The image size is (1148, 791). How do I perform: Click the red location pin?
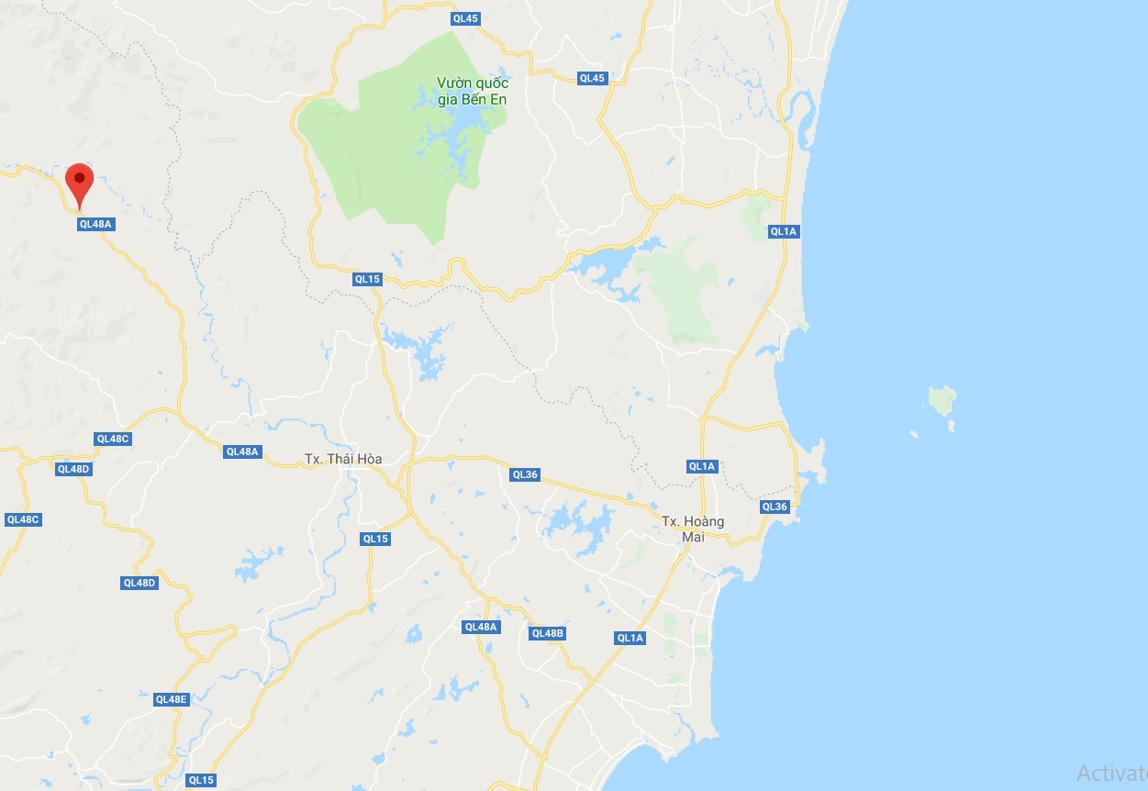[80, 179]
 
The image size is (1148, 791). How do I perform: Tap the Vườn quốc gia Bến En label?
[473, 91]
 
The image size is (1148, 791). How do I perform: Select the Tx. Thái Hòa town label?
[343, 459]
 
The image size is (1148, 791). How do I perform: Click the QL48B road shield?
[548, 633]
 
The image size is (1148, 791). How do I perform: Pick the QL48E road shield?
[172, 699]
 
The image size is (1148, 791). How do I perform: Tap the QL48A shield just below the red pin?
[95, 223]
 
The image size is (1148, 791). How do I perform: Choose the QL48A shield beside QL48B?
[481, 627]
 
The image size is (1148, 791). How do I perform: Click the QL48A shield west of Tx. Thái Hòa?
[242, 451]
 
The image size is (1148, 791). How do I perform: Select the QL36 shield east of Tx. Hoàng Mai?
[775, 507]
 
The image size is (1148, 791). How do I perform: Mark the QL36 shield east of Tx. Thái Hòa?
[525, 474]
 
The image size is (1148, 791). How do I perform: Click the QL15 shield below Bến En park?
[367, 279]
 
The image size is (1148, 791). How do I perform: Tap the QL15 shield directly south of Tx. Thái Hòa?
[375, 539]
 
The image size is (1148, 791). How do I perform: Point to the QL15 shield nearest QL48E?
[201, 780]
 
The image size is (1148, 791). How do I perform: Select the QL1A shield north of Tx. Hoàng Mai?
[702, 466]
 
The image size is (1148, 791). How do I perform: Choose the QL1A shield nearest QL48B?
[630, 638]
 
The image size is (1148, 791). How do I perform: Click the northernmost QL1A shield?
[784, 231]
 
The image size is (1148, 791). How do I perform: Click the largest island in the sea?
[942, 400]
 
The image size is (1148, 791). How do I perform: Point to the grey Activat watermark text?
[1111, 774]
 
